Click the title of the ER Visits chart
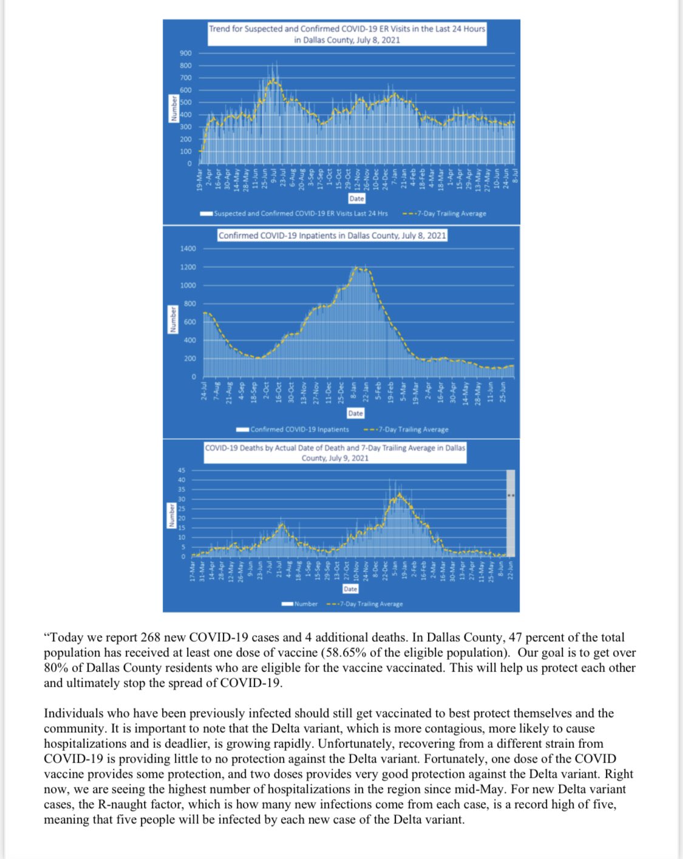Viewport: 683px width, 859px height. (347, 34)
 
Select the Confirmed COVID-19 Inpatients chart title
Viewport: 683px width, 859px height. (332, 236)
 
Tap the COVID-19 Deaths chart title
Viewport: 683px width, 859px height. (335, 453)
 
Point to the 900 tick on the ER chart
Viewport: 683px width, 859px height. (185, 53)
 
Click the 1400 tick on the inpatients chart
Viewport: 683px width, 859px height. (188, 249)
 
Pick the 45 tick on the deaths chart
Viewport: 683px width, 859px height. (181, 470)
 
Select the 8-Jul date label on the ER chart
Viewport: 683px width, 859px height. (515, 176)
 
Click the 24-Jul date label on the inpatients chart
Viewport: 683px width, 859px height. (204, 390)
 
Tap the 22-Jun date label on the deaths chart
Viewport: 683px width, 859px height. (510, 571)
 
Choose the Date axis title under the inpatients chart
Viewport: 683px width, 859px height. (355, 413)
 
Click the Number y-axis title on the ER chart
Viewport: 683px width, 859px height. (174, 109)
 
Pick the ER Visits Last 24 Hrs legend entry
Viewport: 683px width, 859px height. (301, 214)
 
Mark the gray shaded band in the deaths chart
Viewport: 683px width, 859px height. (511, 513)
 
